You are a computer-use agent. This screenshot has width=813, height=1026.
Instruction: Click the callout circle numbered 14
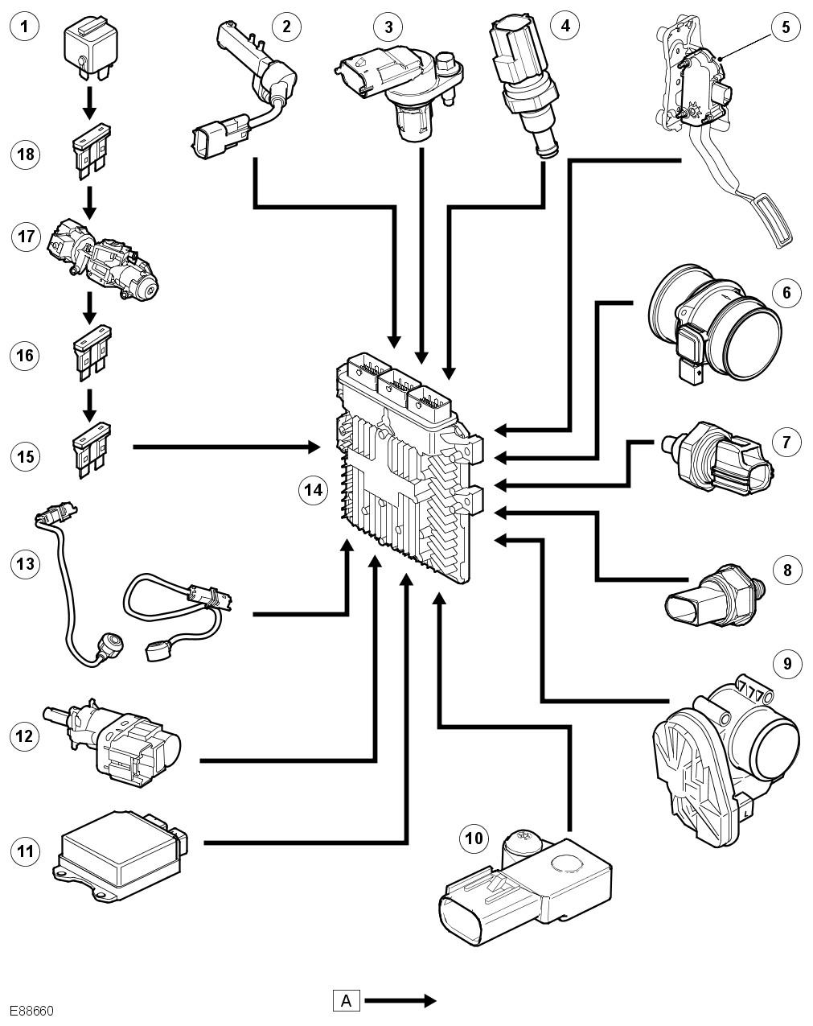click(313, 489)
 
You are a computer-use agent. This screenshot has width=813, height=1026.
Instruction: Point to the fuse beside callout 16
click(89, 353)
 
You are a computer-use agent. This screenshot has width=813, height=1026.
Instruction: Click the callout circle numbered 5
click(785, 27)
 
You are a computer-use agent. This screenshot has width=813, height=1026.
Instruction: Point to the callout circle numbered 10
click(474, 839)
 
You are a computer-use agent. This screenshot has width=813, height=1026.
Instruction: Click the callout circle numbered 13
click(27, 563)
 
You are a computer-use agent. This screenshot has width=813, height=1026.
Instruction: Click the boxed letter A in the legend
click(347, 1001)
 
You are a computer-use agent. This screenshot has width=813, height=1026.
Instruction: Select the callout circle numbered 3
click(388, 27)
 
